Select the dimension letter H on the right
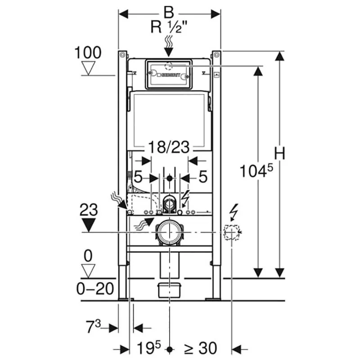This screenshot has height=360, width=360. coord(280,154)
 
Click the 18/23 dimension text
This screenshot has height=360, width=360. coord(169,147)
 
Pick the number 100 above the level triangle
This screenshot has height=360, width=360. coord(88,53)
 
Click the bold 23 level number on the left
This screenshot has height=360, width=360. coord(90,210)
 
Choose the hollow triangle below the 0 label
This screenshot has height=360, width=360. coord(88,270)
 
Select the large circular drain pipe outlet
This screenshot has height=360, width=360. coord(169,232)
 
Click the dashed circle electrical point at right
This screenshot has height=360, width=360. coord(230,232)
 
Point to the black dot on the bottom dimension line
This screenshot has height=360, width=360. coord(169,348)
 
